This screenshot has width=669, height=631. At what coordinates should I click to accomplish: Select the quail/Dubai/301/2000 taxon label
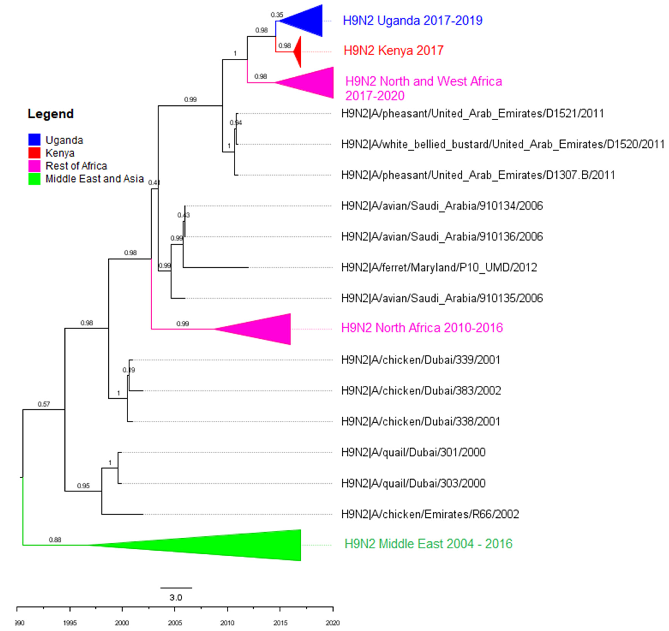[413, 452]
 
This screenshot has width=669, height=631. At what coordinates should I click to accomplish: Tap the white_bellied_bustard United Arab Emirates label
[502, 144]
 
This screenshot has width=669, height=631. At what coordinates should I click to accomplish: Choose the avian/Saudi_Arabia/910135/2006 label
[442, 298]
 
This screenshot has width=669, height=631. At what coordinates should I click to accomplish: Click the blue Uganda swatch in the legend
[34, 140]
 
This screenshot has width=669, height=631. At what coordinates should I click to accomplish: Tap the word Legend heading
[50, 114]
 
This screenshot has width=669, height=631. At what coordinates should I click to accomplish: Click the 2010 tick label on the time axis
[227, 623]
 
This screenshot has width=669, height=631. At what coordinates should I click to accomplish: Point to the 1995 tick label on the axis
[70, 623]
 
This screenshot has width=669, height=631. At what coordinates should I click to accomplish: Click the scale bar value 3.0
[175, 598]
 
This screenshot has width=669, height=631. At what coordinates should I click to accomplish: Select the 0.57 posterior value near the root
[44, 404]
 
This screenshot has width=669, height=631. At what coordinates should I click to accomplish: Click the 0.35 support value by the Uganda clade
[277, 15]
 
